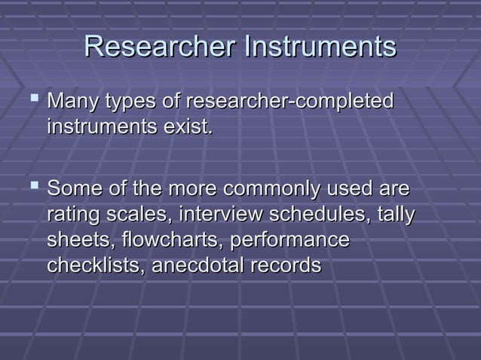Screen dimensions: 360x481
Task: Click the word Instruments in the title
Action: tap(318, 47)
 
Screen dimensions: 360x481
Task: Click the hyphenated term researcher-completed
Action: tap(290, 102)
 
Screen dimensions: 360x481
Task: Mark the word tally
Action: tap(395, 215)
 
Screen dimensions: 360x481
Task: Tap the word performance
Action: tap(291, 241)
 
